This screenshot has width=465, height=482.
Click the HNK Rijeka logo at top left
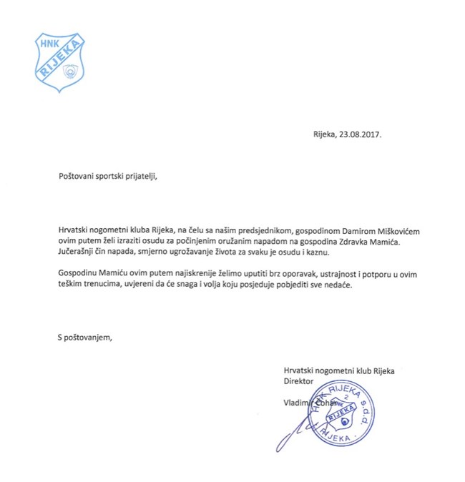63,62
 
